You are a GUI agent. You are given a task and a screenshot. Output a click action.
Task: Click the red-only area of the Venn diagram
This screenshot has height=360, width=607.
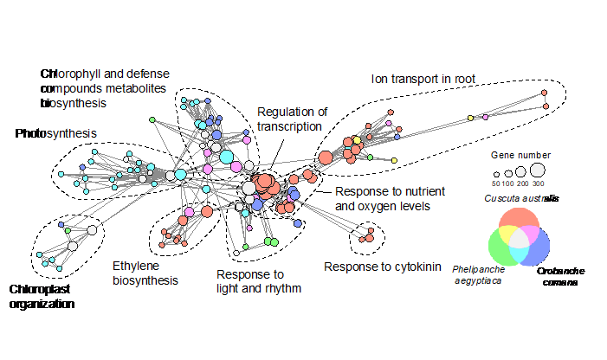pyautogui.click(x=518, y=221)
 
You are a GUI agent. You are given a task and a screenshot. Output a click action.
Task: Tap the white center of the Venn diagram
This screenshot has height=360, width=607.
pyautogui.click(x=518, y=239)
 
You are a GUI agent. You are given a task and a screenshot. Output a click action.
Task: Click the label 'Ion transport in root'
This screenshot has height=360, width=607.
pyautogui.click(x=425, y=79)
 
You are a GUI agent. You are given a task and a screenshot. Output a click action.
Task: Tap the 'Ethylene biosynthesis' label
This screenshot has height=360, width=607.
pyautogui.click(x=145, y=273)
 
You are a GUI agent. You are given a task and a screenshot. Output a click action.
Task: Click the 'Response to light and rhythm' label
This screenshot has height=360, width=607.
pyautogui.click(x=258, y=281)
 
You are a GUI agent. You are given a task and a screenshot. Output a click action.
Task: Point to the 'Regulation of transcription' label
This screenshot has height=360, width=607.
pyautogui.click(x=293, y=119)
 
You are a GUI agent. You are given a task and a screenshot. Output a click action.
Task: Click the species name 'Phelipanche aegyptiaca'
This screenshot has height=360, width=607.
pyautogui.click(x=479, y=275)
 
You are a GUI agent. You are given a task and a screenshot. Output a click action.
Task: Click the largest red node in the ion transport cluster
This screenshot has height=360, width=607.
pyautogui.click(x=326, y=157)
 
